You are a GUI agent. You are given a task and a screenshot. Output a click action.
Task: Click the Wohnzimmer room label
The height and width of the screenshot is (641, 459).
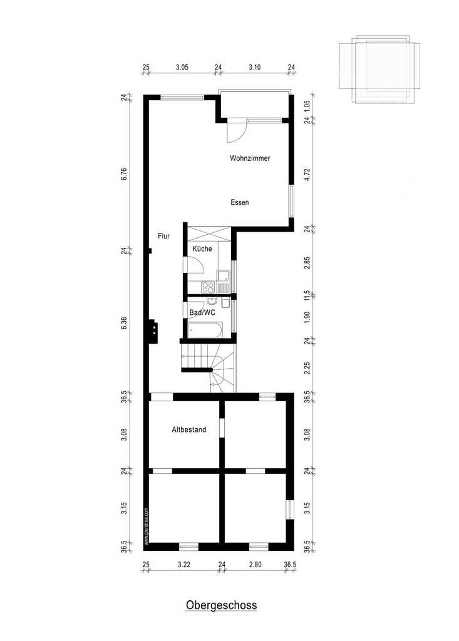click(x=250, y=158)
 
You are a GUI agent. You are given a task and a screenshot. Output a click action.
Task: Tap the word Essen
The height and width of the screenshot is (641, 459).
click(x=240, y=202)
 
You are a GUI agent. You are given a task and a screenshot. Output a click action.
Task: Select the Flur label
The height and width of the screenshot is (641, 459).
click(x=163, y=236)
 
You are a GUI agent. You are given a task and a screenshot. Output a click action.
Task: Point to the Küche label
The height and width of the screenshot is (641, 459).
click(x=202, y=249)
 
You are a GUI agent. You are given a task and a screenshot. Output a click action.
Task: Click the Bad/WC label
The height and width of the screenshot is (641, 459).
click(x=202, y=313)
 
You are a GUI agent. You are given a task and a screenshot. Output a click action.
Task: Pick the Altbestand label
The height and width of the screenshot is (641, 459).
click(x=189, y=429)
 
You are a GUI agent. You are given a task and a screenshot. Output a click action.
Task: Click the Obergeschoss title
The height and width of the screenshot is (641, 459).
click(x=221, y=605)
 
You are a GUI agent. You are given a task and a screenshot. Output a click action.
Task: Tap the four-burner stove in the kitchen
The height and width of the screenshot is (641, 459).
click(x=208, y=287)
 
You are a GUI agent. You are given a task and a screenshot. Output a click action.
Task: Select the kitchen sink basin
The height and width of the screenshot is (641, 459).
click(x=224, y=276)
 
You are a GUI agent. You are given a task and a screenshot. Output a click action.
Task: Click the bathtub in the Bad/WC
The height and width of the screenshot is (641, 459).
click(x=205, y=330)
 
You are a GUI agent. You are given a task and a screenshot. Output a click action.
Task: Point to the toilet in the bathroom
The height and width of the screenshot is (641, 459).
click(x=225, y=304)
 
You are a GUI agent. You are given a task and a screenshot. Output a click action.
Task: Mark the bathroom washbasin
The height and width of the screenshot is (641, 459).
click(x=212, y=302)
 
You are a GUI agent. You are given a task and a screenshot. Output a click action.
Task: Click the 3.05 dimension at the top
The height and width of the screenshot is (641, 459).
click(x=182, y=68)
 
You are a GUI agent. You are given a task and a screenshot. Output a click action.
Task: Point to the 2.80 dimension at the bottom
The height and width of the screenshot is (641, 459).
click(x=255, y=565)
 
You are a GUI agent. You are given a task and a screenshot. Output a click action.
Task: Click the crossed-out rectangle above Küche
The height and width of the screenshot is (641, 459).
click(x=209, y=234)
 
